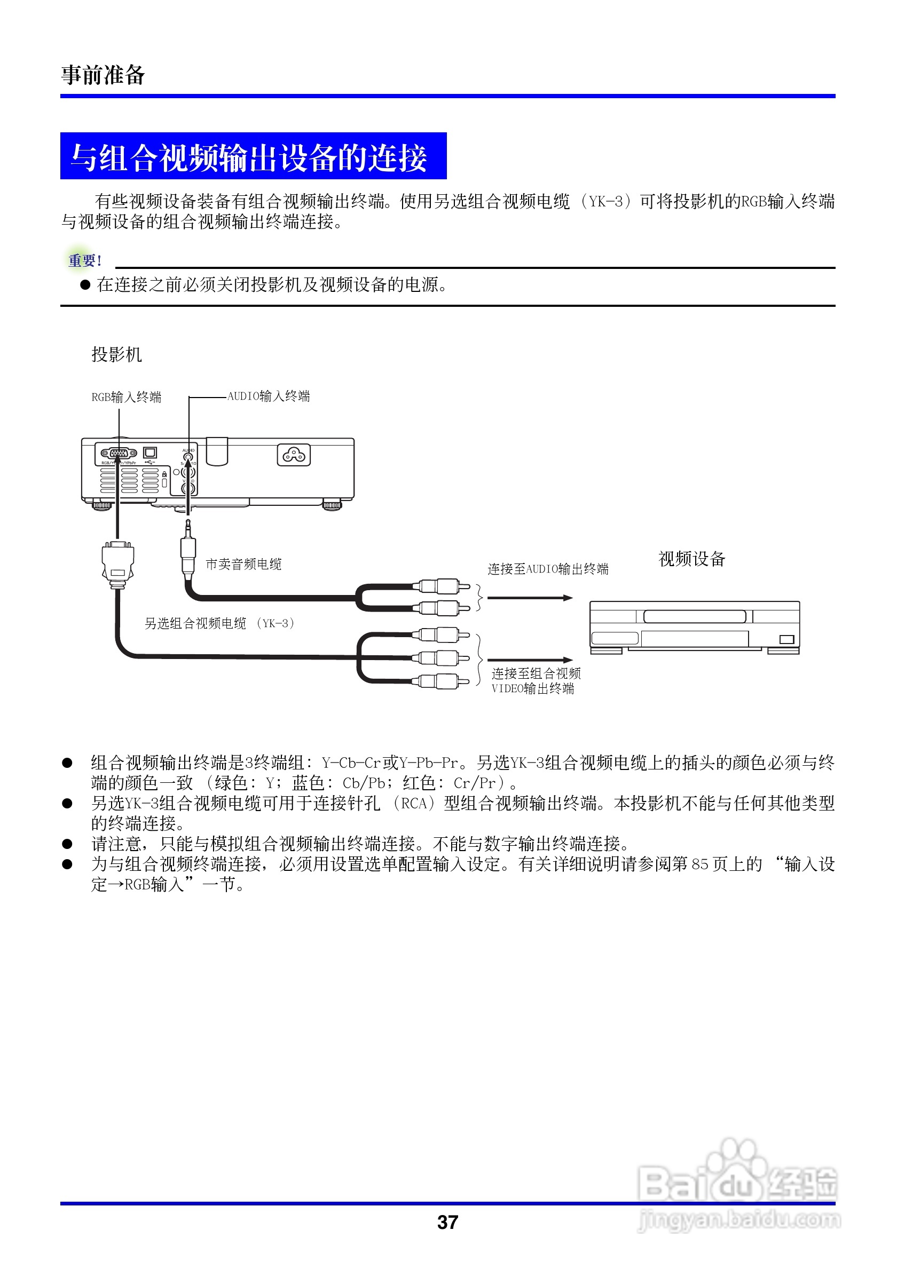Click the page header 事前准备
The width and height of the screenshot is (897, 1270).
[103, 75]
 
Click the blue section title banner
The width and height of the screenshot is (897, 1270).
[253, 156]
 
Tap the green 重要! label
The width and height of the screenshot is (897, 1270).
[84, 260]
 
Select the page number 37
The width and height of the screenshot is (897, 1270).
[447, 1222]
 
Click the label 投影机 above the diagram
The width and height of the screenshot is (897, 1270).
[117, 354]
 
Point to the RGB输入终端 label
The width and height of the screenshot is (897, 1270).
[126, 397]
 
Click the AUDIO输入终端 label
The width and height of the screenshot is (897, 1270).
[269, 396]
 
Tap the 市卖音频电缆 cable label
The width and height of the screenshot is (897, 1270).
[243, 564]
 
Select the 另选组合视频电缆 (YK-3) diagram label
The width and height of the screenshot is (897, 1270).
[219, 623]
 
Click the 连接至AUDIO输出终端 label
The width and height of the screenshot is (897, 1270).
[548, 569]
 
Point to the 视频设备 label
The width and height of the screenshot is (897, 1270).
[691, 559]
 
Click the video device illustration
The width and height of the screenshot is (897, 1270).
[695, 627]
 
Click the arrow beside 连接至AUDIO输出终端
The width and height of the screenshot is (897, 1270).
[530, 598]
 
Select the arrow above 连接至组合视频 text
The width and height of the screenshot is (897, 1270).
[530, 660]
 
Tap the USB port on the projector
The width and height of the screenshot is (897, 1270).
[150, 453]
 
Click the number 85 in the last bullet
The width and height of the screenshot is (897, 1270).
[699, 864]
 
